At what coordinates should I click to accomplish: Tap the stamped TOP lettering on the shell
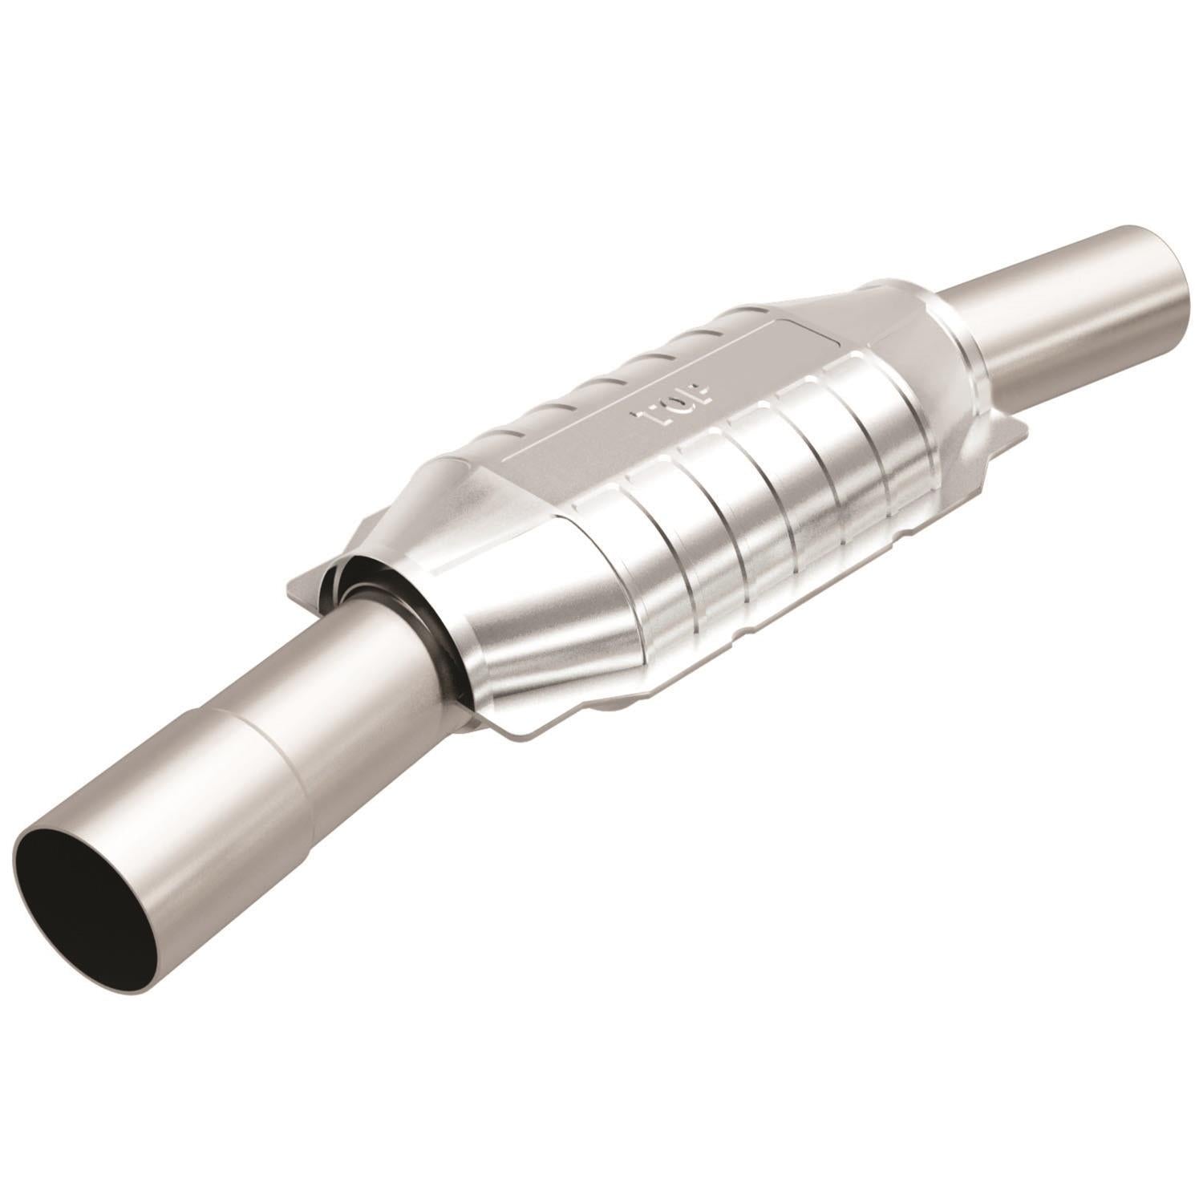point(675,402)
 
